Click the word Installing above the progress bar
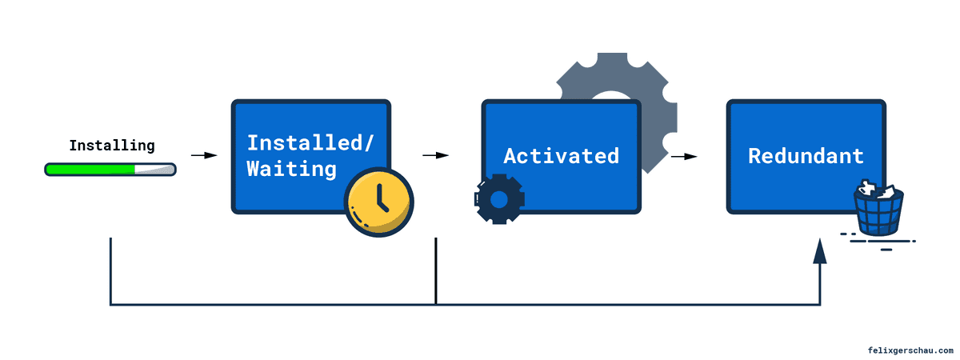(x=111, y=146)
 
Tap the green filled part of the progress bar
(x=90, y=170)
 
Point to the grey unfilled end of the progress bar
(x=157, y=170)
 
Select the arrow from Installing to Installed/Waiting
(x=205, y=155)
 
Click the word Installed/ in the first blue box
(x=310, y=143)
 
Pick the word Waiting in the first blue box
(x=291, y=169)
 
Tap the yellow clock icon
(x=378, y=202)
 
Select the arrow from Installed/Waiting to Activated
(x=435, y=155)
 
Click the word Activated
(x=561, y=155)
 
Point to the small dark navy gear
(x=499, y=198)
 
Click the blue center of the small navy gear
(x=499, y=198)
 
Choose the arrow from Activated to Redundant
(x=683, y=156)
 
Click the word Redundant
(x=806, y=155)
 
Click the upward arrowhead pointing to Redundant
(x=820, y=251)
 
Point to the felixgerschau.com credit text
(x=910, y=350)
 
